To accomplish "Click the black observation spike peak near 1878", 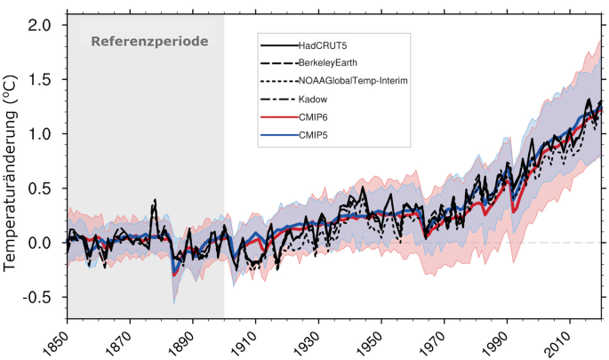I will [x=155, y=201].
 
